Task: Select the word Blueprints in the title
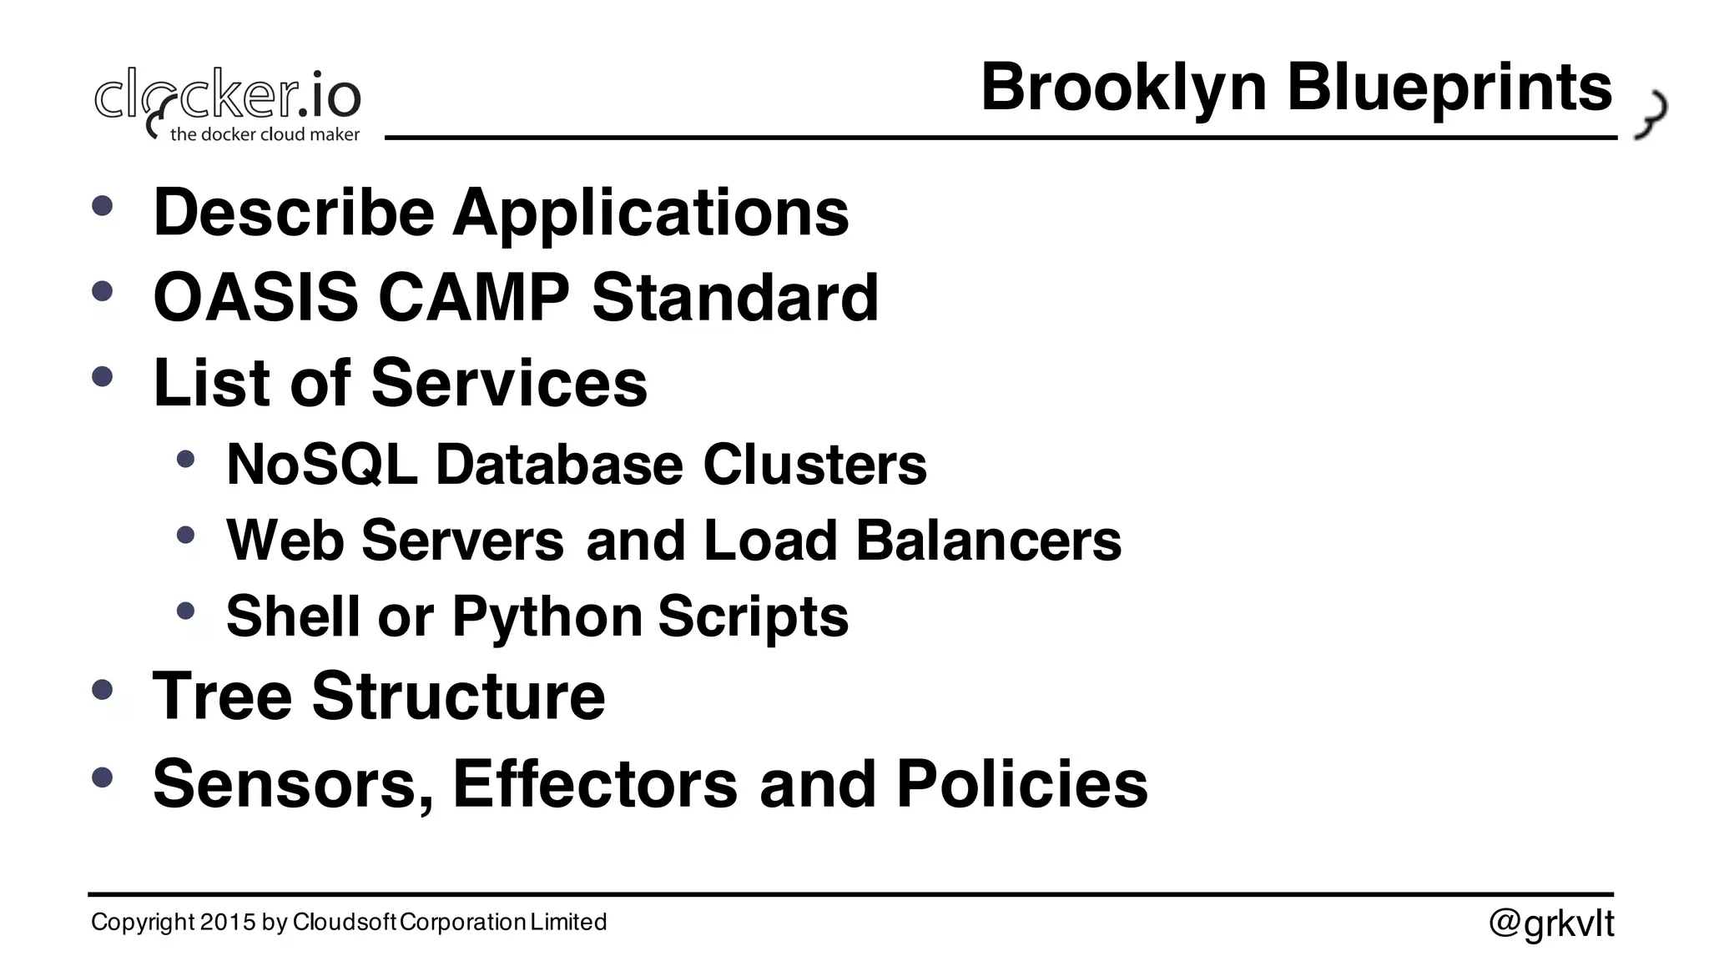pyautogui.click(x=1449, y=88)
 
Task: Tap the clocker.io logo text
pyautogui.click(x=228, y=97)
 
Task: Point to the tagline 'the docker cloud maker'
pyautogui.click(x=265, y=134)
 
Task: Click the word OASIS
pyautogui.click(x=255, y=297)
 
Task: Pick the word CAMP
pyautogui.click(x=474, y=297)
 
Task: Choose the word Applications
pyautogui.click(x=651, y=214)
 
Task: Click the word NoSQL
pyautogui.click(x=321, y=464)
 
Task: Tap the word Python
pyautogui.click(x=547, y=616)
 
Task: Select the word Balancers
pyautogui.click(x=988, y=541)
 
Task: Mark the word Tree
pyautogui.click(x=222, y=696)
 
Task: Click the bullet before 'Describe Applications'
pyautogui.click(x=102, y=205)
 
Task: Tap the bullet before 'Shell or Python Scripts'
pyautogui.click(x=185, y=611)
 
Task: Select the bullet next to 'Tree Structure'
pyautogui.click(x=102, y=690)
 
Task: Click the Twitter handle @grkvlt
pyautogui.click(x=1551, y=923)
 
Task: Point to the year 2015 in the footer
pyautogui.click(x=228, y=922)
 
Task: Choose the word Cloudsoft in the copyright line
pyautogui.click(x=345, y=922)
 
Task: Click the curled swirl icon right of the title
pyautogui.click(x=1651, y=114)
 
